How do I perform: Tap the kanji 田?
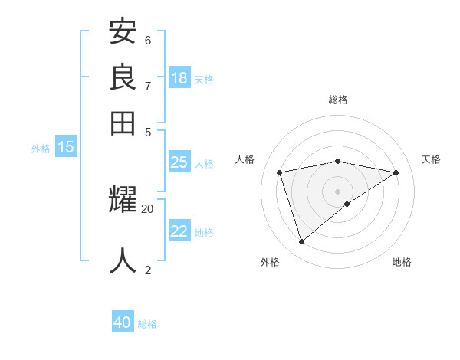[123, 122]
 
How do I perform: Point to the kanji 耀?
[123, 201]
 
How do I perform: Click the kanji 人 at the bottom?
[123, 260]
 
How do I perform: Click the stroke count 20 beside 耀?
[148, 208]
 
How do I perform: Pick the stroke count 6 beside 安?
[148, 40]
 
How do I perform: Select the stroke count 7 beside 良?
[148, 86]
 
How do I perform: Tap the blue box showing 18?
[179, 77]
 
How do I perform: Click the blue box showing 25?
[179, 162]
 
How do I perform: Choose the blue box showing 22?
[179, 231]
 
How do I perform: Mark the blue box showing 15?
[66, 147]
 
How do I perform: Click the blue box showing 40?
[123, 322]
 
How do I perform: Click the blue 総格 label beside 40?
[148, 324]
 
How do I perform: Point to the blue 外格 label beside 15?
[41, 149]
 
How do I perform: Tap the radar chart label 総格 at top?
[338, 100]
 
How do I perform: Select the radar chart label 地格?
[402, 262]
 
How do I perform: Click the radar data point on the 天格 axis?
[396, 172]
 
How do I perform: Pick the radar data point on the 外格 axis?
[301, 242]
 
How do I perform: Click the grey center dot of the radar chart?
[338, 191]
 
